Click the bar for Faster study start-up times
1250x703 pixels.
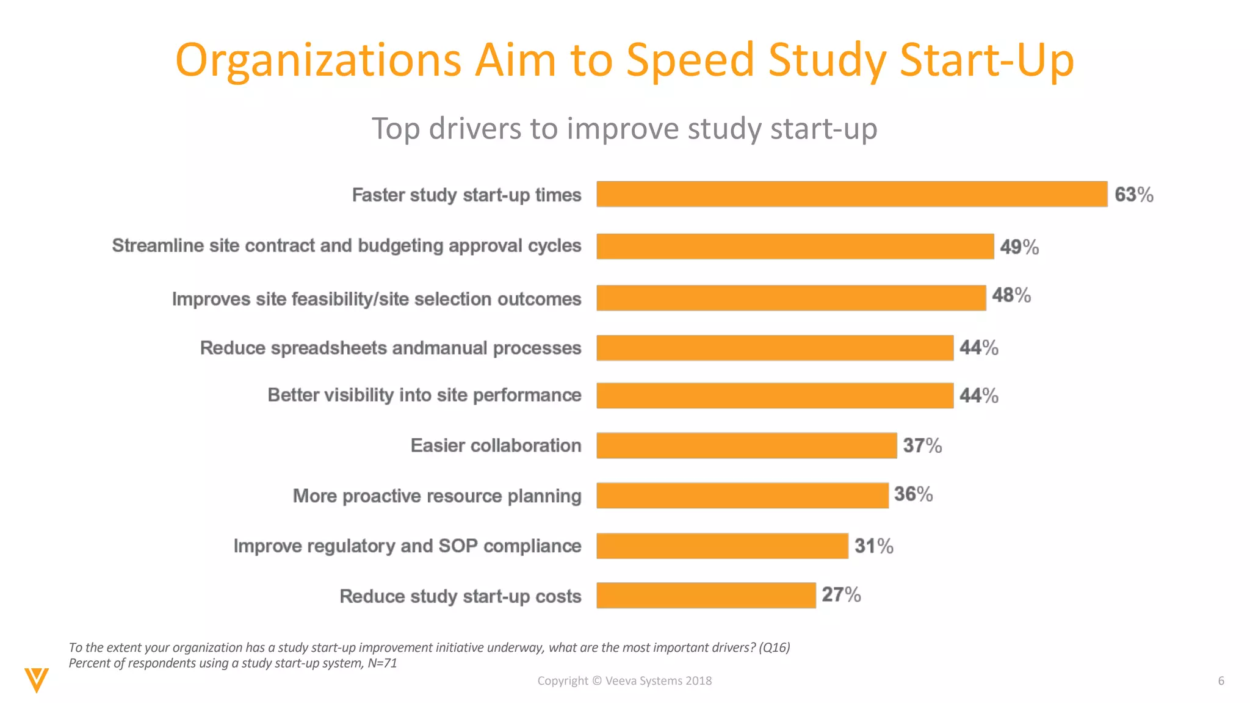tap(851, 194)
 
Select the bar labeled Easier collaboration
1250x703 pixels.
tap(746, 445)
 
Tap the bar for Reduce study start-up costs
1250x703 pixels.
tap(706, 596)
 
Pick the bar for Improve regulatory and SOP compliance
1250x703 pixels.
tap(722, 546)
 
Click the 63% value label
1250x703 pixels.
tap(1133, 195)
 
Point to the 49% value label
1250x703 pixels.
tap(1019, 247)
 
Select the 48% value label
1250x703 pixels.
tap(1011, 295)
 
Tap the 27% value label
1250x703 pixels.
tap(840, 594)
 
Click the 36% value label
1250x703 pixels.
tap(913, 494)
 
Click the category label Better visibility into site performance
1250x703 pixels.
tap(424, 395)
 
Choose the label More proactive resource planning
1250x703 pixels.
tap(437, 496)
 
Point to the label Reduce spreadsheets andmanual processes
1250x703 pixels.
tap(391, 348)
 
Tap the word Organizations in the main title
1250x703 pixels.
tap(318, 61)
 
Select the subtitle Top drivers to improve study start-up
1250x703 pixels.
tap(624, 129)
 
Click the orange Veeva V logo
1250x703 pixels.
tap(37, 679)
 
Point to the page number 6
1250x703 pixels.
tap(1221, 680)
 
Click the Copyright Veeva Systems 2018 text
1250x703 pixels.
tap(624, 680)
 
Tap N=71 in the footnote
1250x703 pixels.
tap(382, 663)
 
